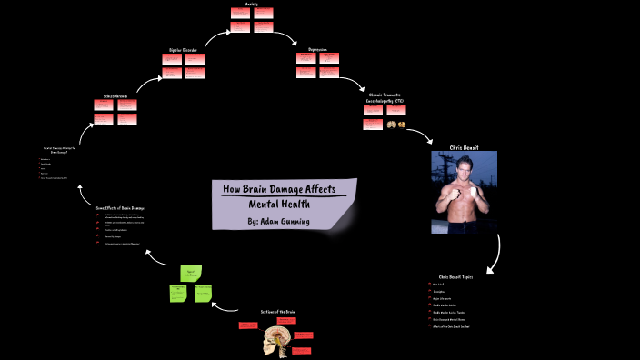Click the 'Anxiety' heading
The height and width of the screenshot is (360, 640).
pos(240,4)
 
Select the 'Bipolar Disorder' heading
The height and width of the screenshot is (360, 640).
pos(183,50)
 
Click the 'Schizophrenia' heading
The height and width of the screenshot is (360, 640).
pos(116,95)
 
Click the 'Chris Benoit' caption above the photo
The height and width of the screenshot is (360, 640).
pos(464,146)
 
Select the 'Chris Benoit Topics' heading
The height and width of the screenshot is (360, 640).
pos(455,276)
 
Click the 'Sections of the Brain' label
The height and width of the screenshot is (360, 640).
pos(278,312)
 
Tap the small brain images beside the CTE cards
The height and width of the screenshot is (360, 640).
pos(396,124)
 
